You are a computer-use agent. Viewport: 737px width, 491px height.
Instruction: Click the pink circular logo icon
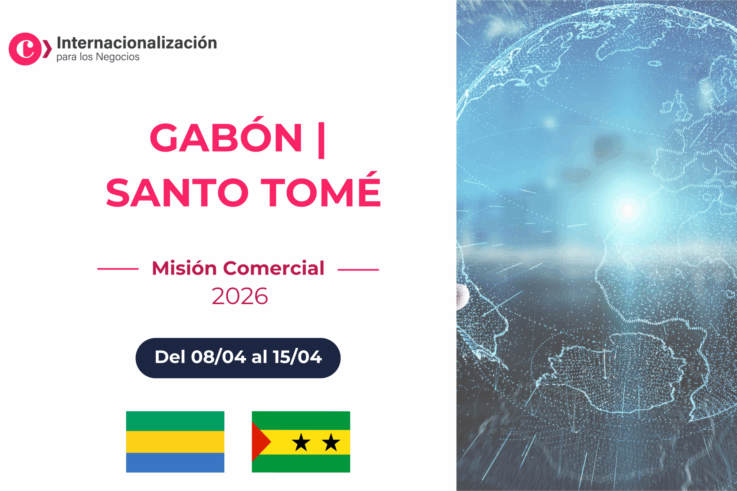(x=25, y=49)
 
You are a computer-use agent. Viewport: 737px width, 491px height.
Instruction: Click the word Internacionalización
(x=137, y=43)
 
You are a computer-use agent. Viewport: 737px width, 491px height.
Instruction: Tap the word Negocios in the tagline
(x=117, y=57)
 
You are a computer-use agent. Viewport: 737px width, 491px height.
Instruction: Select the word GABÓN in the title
(x=226, y=138)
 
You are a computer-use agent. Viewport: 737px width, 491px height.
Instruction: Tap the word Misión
(x=184, y=268)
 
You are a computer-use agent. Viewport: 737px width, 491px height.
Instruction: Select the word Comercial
(x=273, y=268)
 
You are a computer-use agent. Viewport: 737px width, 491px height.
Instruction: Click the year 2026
(x=240, y=296)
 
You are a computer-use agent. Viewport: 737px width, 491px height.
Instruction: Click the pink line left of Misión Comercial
(x=118, y=269)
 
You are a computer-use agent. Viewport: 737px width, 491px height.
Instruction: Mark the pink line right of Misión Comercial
(x=358, y=269)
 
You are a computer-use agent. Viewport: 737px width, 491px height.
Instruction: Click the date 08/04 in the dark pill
(x=218, y=357)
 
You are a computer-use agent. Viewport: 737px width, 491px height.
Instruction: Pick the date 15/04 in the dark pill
(x=297, y=357)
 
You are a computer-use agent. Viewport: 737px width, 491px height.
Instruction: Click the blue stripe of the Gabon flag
(x=175, y=463)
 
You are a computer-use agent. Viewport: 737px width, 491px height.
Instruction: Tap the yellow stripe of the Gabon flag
(x=175, y=442)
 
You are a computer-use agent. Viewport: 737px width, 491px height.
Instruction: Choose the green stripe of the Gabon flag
(x=175, y=421)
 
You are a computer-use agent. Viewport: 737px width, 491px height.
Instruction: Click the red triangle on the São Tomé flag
(x=259, y=442)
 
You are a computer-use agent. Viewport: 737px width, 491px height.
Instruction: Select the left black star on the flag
(x=301, y=442)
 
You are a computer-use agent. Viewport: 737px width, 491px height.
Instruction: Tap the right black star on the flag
(x=331, y=442)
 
